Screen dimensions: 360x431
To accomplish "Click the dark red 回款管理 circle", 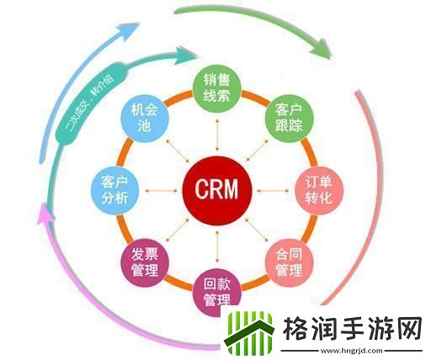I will click(x=217, y=288).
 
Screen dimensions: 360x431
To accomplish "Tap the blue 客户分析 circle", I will click(x=114, y=190).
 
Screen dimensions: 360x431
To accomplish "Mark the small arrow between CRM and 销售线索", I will click(x=217, y=135).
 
